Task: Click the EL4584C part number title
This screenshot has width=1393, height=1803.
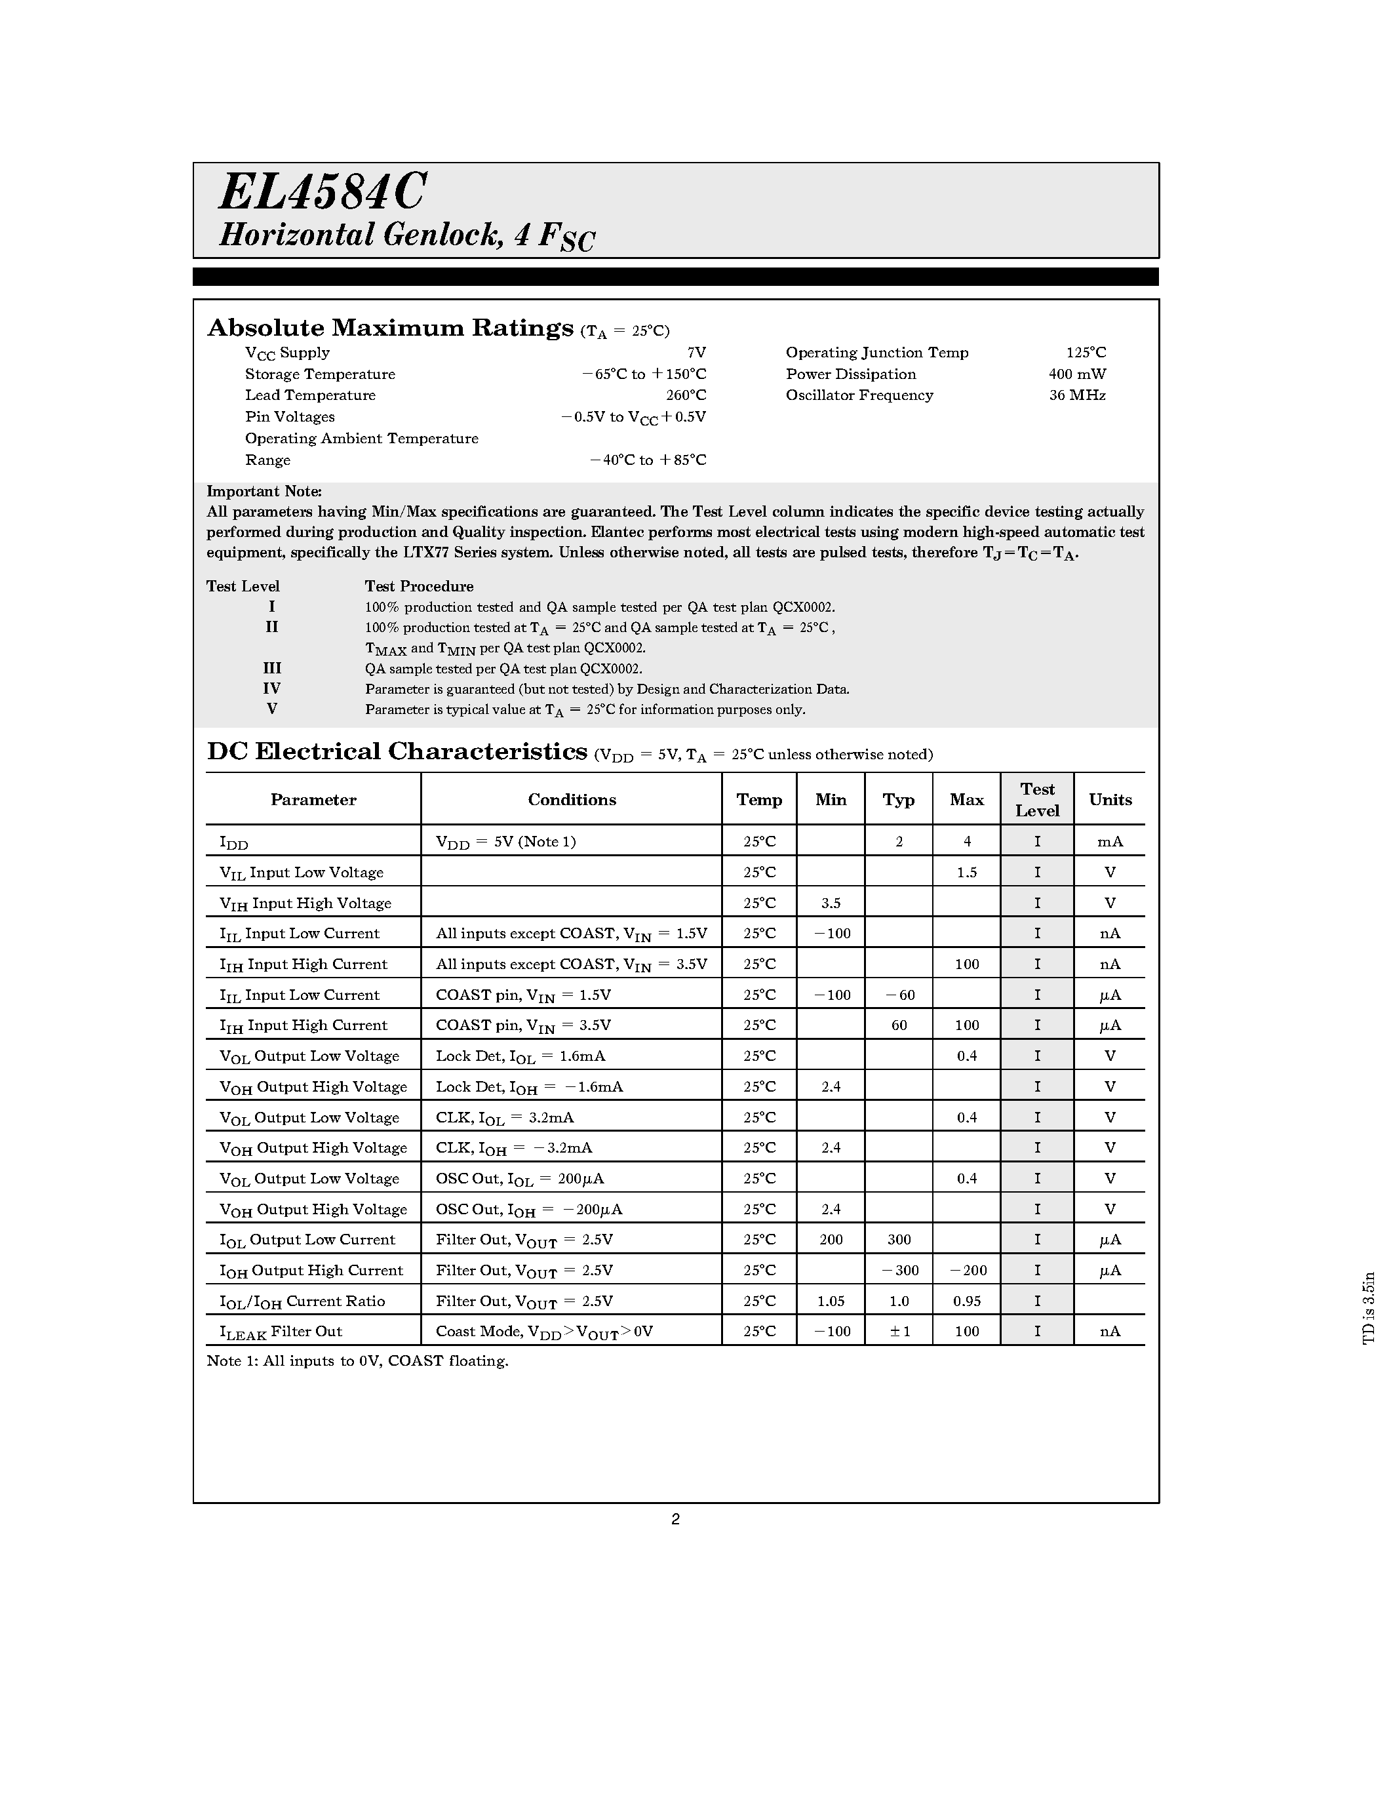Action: (x=322, y=192)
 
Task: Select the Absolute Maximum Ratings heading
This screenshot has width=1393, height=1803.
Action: (x=389, y=328)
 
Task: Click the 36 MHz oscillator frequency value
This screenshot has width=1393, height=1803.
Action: (x=1077, y=395)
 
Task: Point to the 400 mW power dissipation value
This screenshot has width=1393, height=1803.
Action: (x=1077, y=374)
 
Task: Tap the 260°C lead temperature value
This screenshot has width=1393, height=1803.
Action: (x=686, y=395)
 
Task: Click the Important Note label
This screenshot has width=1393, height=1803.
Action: (x=264, y=491)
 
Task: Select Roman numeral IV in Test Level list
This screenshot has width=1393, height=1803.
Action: (x=271, y=688)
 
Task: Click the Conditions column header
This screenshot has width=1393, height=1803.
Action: (x=571, y=799)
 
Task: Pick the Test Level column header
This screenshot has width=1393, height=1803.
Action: (x=1036, y=799)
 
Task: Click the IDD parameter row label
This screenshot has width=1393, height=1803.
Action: (x=233, y=842)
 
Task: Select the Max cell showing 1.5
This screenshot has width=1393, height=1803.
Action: (x=966, y=873)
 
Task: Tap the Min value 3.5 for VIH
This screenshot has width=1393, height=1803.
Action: (x=830, y=903)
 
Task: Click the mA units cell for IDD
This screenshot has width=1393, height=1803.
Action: (x=1109, y=842)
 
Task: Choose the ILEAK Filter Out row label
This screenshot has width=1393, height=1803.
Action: (x=281, y=1332)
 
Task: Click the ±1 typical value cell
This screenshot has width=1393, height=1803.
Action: (x=899, y=1332)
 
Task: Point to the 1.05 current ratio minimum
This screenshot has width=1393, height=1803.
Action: (x=830, y=1301)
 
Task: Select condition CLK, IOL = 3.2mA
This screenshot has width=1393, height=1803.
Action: (x=504, y=1118)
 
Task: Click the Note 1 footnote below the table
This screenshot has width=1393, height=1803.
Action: (x=357, y=1361)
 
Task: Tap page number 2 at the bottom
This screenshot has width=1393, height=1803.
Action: (x=675, y=1519)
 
